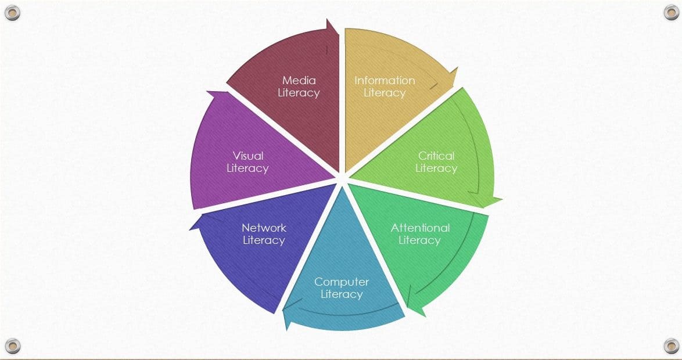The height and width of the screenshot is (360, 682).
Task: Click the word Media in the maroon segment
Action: (x=299, y=81)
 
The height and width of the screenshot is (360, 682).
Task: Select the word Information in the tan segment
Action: (x=385, y=81)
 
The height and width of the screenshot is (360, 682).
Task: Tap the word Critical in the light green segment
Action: (x=436, y=156)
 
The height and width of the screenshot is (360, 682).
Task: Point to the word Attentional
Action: (x=420, y=228)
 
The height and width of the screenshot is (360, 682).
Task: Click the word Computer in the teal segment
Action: (x=342, y=282)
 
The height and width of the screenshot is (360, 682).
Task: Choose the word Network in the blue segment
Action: (x=264, y=228)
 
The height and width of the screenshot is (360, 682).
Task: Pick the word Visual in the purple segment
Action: (x=248, y=156)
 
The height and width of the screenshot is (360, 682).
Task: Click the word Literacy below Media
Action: (x=299, y=93)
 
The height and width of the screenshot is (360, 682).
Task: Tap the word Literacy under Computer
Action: (x=342, y=295)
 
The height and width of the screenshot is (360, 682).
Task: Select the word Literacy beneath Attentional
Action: (x=420, y=240)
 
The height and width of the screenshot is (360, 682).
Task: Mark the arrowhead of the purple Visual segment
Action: (x=216, y=94)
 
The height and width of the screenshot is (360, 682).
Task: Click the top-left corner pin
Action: (x=12, y=13)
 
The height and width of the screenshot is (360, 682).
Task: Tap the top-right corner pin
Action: (x=671, y=12)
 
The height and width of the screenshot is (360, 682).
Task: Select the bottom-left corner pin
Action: (x=12, y=346)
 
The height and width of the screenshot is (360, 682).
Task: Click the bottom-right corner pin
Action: (x=671, y=346)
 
